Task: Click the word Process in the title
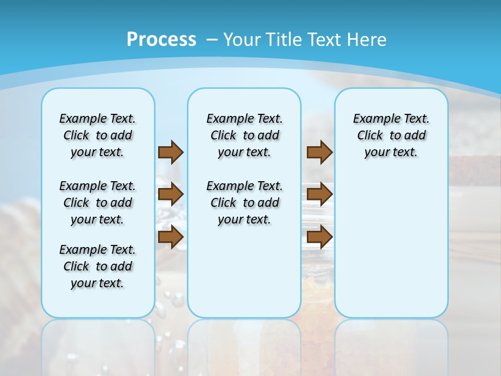click(161, 39)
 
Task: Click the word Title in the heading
click(284, 40)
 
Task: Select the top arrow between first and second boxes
click(171, 152)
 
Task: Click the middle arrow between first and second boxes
click(171, 194)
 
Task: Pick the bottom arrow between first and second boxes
click(171, 237)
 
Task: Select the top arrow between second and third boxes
click(319, 152)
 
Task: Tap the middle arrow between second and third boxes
click(319, 194)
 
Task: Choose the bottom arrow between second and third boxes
click(319, 237)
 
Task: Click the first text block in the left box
click(98, 135)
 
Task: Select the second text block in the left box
click(98, 203)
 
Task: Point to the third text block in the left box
click(98, 266)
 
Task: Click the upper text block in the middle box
click(244, 135)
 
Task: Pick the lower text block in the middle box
click(244, 203)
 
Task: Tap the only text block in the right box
click(391, 135)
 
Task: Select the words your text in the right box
click(391, 152)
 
